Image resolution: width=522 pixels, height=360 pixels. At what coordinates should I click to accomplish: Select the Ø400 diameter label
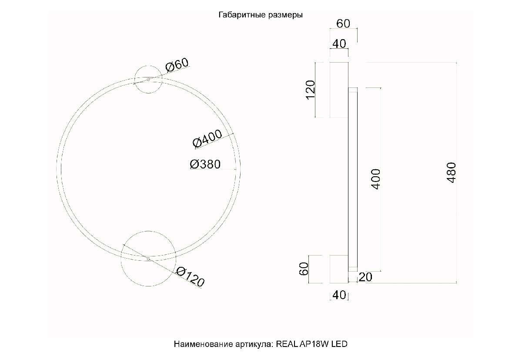[207, 139]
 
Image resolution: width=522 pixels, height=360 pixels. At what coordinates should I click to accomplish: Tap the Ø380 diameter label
[205, 164]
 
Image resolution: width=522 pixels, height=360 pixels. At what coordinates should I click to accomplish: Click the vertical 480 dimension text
[452, 173]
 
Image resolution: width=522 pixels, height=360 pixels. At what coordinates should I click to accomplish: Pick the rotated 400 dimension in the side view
[376, 179]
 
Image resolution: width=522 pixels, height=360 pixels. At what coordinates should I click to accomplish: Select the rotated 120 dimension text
[311, 90]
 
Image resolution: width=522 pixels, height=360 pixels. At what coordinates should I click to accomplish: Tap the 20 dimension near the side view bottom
[365, 277]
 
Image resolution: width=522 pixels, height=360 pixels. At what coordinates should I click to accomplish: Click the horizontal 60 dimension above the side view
[343, 24]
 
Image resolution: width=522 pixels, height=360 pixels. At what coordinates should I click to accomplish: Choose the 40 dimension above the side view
[339, 44]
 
